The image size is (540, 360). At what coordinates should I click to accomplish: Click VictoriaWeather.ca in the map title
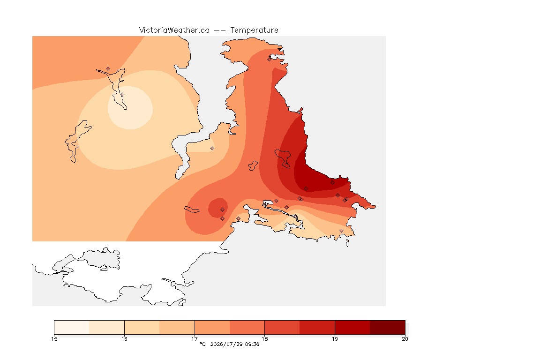pyautogui.click(x=174, y=30)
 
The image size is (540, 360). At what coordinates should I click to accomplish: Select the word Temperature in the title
pyautogui.click(x=254, y=30)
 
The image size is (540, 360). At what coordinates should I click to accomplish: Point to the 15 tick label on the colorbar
pyautogui.click(x=54, y=339)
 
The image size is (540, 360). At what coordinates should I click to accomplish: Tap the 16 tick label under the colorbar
pyautogui.click(x=124, y=339)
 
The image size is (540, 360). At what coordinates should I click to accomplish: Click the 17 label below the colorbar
pyautogui.click(x=195, y=339)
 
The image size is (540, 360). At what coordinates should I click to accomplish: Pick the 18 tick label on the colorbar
pyautogui.click(x=264, y=339)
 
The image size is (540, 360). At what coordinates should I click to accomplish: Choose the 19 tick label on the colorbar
pyautogui.click(x=335, y=339)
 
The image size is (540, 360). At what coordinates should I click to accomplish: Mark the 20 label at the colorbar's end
pyautogui.click(x=405, y=339)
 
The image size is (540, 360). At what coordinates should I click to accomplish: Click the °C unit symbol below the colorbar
pyautogui.click(x=202, y=344)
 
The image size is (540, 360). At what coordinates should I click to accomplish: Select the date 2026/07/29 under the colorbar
pyautogui.click(x=226, y=344)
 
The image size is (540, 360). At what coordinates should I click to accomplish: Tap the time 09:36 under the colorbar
pyautogui.click(x=252, y=344)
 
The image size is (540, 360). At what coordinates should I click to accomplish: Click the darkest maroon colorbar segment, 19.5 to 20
pyautogui.click(x=388, y=327)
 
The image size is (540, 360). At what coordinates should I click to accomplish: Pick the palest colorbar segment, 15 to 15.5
pyautogui.click(x=72, y=327)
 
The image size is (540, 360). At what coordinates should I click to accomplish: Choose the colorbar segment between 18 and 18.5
pyautogui.click(x=282, y=327)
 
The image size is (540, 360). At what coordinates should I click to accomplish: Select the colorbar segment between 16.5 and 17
pyautogui.click(x=177, y=327)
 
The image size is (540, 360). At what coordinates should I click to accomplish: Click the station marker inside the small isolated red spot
pyautogui.click(x=223, y=210)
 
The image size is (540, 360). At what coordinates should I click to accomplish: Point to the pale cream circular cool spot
pyautogui.click(x=130, y=107)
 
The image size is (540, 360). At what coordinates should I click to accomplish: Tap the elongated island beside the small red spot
pyautogui.click(x=192, y=210)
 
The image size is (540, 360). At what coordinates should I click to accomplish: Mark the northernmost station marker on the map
pyautogui.click(x=270, y=59)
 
